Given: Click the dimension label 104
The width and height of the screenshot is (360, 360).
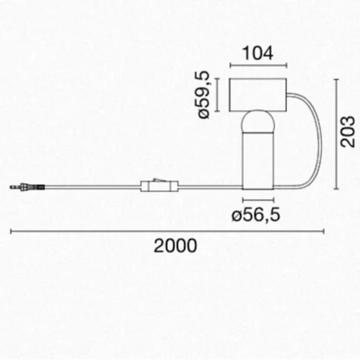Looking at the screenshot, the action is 258,53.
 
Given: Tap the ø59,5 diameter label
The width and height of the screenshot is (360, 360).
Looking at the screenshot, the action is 204,94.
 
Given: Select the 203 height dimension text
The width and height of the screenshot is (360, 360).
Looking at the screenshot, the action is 348,132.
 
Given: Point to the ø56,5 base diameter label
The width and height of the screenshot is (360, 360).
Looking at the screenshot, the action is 255,215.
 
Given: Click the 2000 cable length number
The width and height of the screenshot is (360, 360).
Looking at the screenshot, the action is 176,245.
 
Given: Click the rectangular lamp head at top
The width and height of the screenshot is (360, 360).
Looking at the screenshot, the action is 258,95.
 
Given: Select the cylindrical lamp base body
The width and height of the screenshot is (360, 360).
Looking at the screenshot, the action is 258,159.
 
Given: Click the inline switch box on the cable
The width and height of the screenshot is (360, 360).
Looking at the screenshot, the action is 160,187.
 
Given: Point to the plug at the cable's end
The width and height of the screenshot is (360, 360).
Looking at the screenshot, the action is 27,188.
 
